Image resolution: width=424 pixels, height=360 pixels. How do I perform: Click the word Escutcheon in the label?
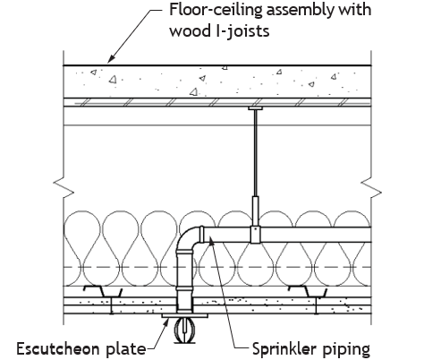click(58, 348)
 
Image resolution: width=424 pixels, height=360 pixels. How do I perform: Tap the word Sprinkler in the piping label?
click(285, 349)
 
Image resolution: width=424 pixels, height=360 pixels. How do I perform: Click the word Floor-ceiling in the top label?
click(216, 10)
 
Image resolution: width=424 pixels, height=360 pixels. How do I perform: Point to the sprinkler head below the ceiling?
click(184, 330)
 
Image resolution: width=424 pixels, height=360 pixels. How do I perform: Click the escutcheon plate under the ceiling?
click(184, 315)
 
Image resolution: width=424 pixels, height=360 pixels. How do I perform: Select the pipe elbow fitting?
click(190, 239)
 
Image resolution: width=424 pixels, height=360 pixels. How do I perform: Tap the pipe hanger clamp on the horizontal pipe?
click(255, 235)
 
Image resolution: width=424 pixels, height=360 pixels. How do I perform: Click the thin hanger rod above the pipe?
click(255, 153)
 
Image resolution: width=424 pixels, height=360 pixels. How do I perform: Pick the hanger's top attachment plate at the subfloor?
click(255, 108)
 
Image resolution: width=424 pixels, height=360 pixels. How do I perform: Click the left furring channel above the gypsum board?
click(103, 291)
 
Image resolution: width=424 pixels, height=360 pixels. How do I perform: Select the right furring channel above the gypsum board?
click(308, 291)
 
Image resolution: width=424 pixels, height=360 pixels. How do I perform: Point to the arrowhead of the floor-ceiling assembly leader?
click(110, 59)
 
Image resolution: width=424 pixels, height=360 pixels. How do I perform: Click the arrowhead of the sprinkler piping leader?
click(211, 240)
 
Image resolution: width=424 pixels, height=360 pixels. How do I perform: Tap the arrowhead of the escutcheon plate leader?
click(166, 322)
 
